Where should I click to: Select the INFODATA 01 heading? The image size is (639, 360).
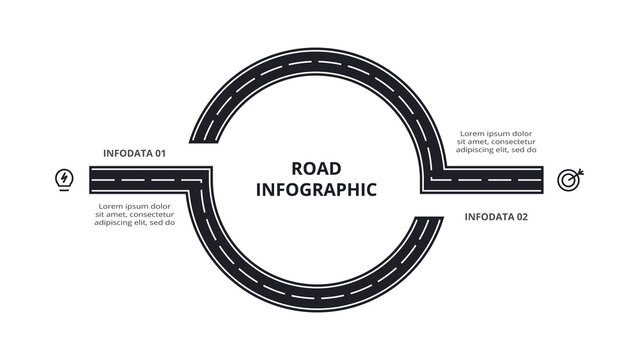pyautogui.click(x=134, y=153)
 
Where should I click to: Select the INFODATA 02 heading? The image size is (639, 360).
pyautogui.click(x=495, y=217)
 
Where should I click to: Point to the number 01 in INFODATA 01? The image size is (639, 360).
pyautogui.click(x=157, y=153)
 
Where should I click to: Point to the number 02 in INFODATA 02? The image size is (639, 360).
pyautogui.click(x=520, y=217)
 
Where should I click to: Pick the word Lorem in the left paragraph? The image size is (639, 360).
pyautogui.click(x=110, y=204)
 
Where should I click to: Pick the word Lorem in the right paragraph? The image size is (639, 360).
pyautogui.click(x=471, y=132)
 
